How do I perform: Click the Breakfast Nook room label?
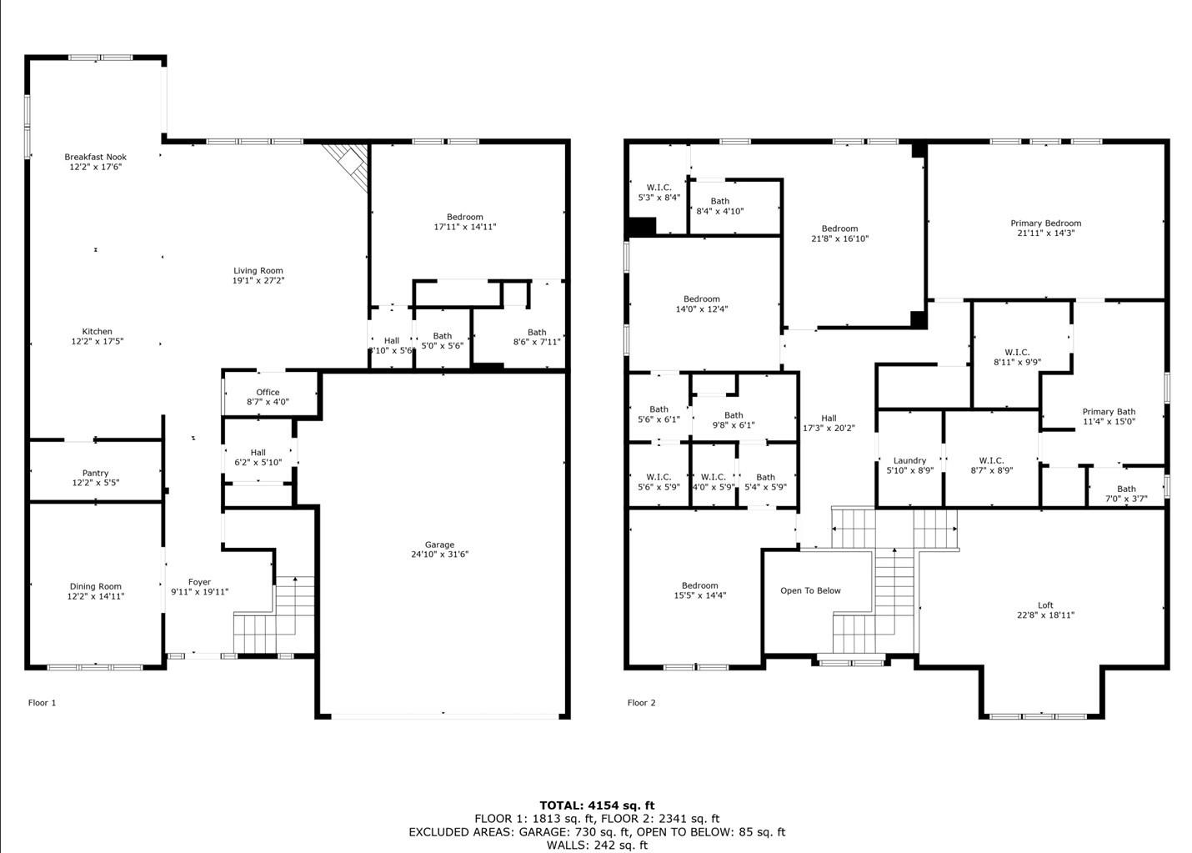(x=96, y=157)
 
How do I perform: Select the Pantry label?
(x=96, y=473)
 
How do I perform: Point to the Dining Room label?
(x=96, y=586)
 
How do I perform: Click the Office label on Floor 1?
(x=268, y=392)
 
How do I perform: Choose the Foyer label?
(x=199, y=582)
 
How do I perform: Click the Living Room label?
(x=258, y=270)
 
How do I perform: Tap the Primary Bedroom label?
(x=1045, y=223)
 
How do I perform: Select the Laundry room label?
(x=909, y=460)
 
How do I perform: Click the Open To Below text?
(x=810, y=590)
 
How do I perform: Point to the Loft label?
(x=1045, y=605)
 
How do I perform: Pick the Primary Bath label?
(x=1109, y=411)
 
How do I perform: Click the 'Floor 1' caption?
(x=43, y=703)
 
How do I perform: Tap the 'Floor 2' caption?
(x=642, y=703)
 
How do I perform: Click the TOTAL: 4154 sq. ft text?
(x=597, y=805)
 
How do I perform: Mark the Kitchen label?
(x=97, y=331)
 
